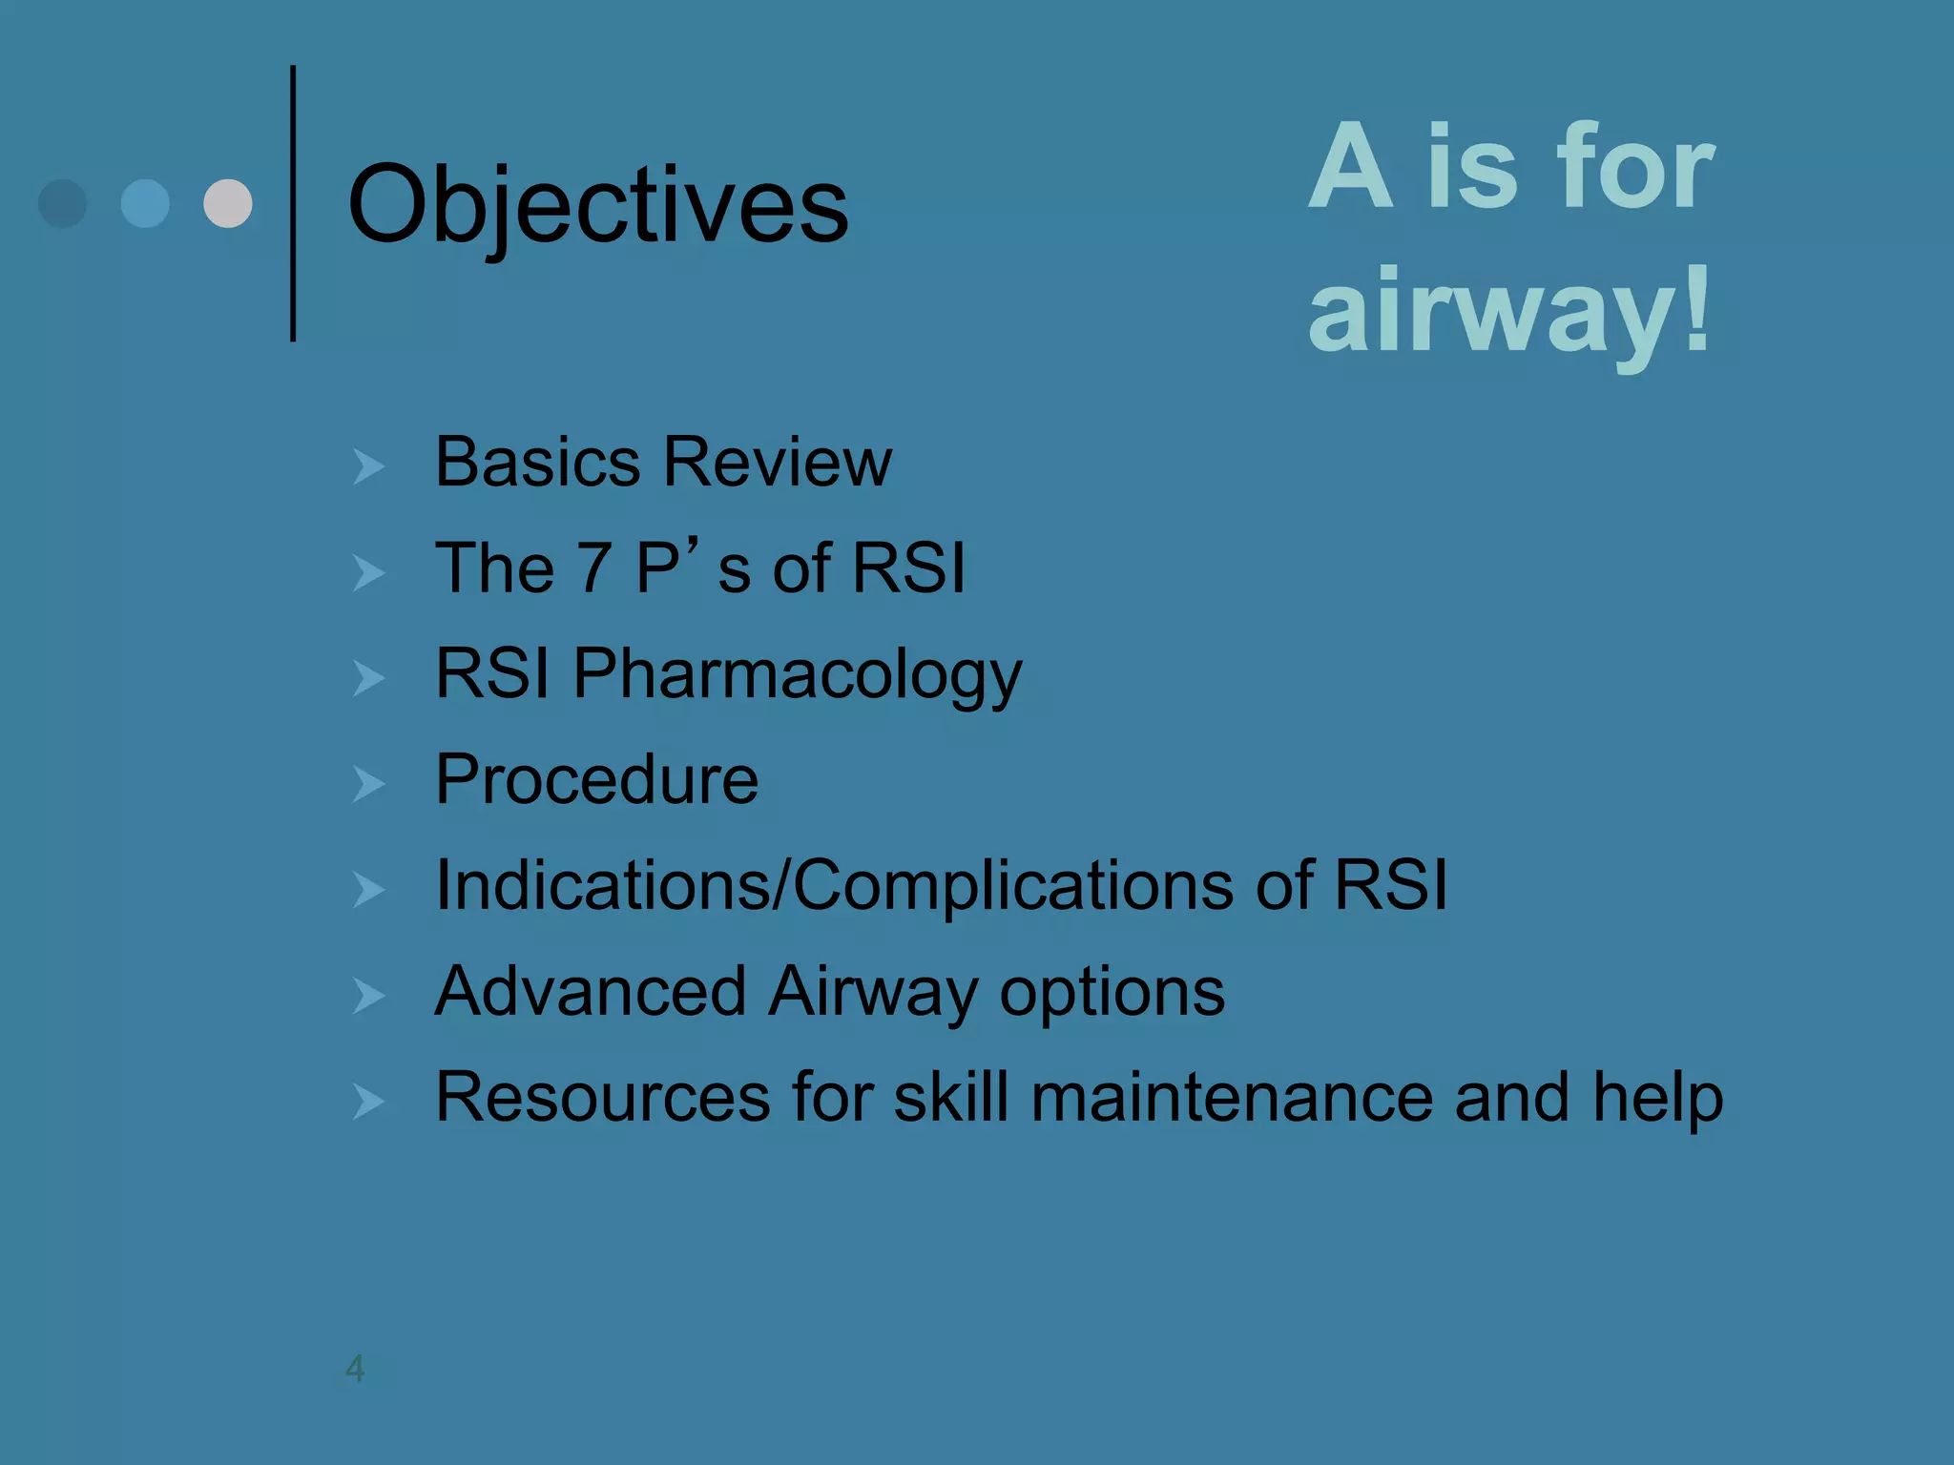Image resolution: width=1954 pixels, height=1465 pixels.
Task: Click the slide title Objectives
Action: pyautogui.click(x=598, y=204)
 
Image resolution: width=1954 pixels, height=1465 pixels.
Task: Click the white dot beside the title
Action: pyautogui.click(x=228, y=203)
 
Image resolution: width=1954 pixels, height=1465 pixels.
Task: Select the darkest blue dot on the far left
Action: pyautogui.click(x=62, y=203)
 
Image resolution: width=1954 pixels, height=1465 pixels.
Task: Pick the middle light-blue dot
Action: pyautogui.click(x=145, y=203)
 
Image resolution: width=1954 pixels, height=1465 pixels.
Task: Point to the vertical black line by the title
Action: pyautogui.click(x=293, y=203)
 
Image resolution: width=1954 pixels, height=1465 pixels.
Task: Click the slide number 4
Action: pyautogui.click(x=355, y=1369)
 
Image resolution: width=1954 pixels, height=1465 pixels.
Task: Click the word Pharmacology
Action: pyautogui.click(x=798, y=674)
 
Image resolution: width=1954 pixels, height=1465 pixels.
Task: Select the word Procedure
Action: pyautogui.click(x=596, y=779)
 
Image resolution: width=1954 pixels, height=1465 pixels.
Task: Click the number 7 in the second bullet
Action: pyautogui.click(x=593, y=568)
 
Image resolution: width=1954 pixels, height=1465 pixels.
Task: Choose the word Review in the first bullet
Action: pyautogui.click(x=778, y=463)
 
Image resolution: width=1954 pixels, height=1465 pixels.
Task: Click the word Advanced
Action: pyautogui.click(x=590, y=991)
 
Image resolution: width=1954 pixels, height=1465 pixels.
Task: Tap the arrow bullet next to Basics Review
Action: pyautogui.click(x=368, y=466)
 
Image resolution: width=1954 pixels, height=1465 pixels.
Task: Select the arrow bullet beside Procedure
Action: pyautogui.click(x=368, y=784)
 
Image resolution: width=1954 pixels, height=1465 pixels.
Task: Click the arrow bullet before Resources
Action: pyautogui.click(x=368, y=1102)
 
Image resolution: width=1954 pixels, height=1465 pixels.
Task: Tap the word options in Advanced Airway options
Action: pyautogui.click(x=1112, y=993)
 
